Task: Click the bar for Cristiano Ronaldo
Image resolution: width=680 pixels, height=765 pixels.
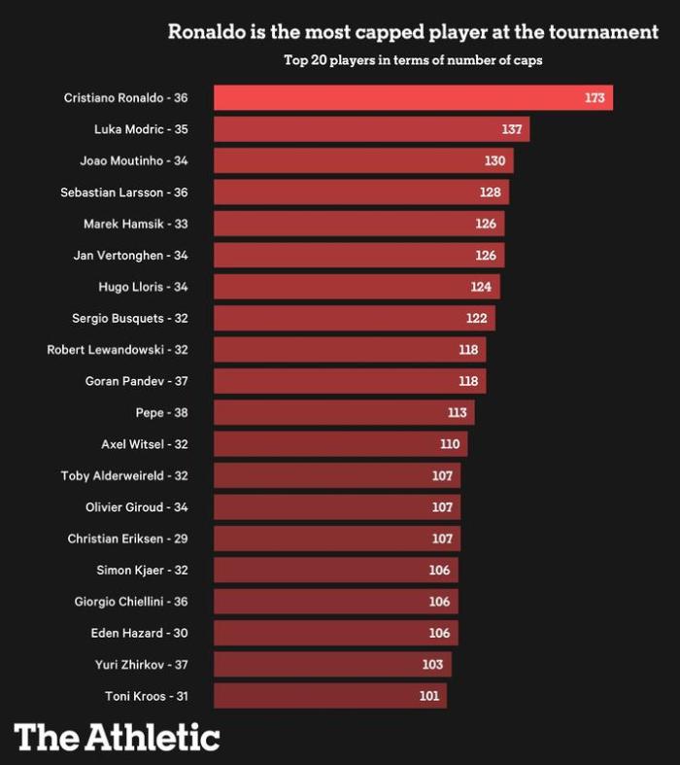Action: click(413, 98)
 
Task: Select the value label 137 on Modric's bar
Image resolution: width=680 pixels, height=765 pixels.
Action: click(512, 129)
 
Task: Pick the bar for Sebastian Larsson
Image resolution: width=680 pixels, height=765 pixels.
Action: click(360, 192)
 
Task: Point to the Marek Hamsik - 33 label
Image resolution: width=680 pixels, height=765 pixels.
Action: click(135, 224)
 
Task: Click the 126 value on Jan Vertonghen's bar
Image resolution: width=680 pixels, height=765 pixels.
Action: click(486, 256)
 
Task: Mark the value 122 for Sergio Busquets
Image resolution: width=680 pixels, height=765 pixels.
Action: click(476, 319)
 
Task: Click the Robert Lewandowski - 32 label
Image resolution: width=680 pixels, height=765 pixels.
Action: click(117, 350)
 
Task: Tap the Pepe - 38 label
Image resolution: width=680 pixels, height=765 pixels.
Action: click(161, 413)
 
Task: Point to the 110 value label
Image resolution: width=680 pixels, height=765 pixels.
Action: click(450, 444)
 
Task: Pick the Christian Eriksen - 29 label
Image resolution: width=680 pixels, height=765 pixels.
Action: click(127, 539)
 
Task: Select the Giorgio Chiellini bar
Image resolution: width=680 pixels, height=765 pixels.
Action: click(335, 602)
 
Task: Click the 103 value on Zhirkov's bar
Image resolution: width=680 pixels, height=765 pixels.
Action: click(433, 665)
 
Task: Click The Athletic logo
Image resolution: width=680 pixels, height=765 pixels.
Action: click(118, 737)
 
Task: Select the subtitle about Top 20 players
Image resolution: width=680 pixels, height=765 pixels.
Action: click(413, 60)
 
